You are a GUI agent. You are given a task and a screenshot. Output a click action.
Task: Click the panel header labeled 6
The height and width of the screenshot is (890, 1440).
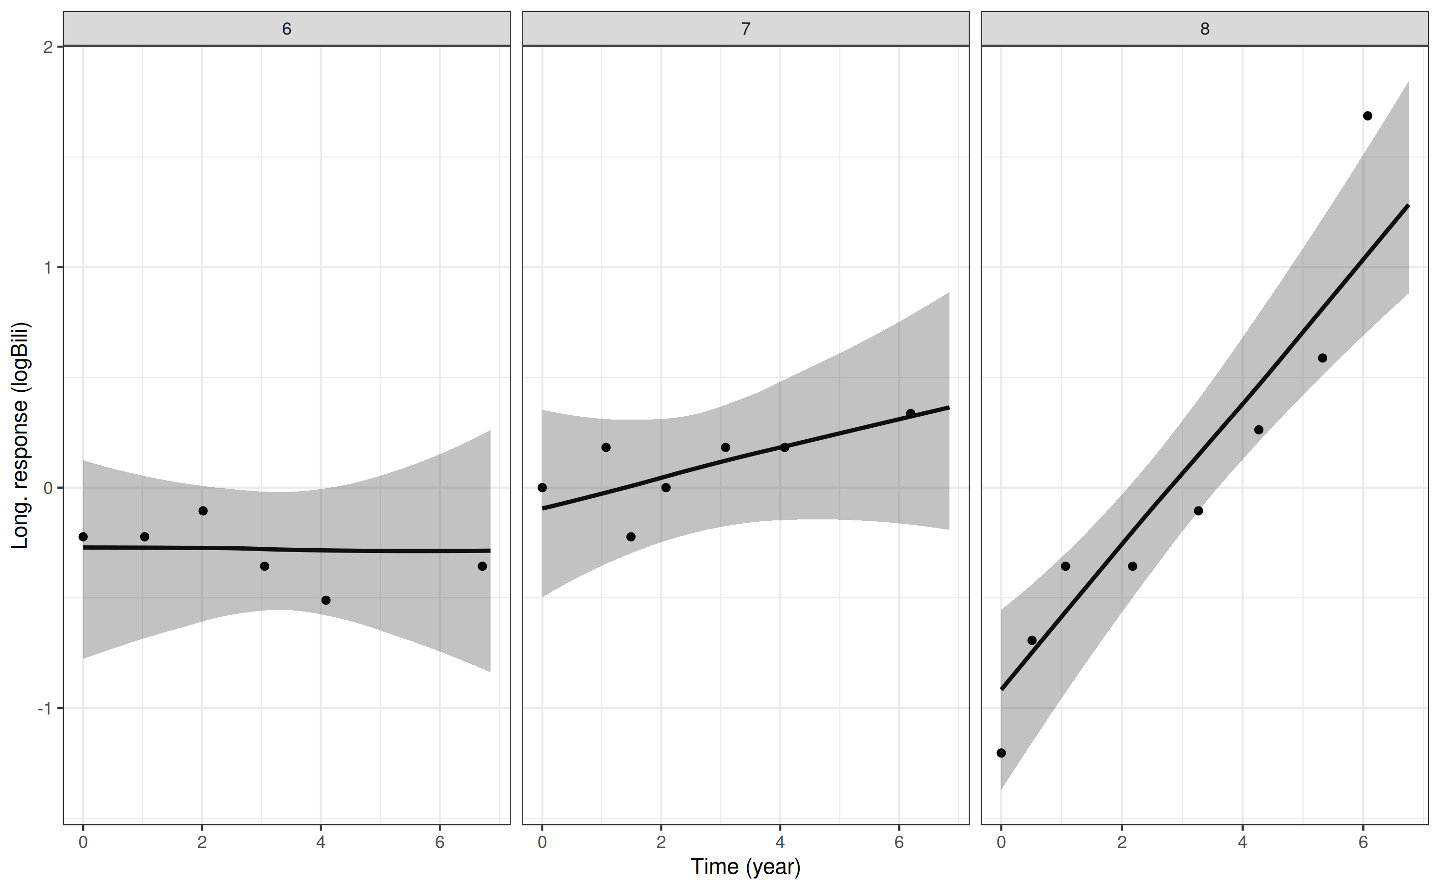(x=287, y=29)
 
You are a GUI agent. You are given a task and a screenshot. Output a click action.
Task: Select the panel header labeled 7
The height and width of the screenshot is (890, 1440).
(x=745, y=29)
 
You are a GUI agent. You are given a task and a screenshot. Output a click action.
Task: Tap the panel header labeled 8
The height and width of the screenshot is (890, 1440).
(x=1205, y=29)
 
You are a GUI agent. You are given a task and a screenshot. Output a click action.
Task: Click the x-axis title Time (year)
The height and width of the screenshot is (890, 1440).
(x=745, y=866)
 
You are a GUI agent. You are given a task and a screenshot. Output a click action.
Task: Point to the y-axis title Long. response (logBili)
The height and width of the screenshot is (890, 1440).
(x=20, y=435)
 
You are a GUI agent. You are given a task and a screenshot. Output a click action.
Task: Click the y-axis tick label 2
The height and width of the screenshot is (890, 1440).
(x=48, y=47)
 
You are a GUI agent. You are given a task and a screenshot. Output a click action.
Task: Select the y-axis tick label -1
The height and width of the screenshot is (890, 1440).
(x=45, y=708)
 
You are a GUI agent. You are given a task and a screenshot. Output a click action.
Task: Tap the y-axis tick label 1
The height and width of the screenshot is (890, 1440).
(x=48, y=268)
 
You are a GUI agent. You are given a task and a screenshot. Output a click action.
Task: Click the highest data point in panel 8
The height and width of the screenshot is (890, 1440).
(x=1368, y=116)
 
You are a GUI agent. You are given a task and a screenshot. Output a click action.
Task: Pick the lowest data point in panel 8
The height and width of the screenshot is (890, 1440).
(x=1001, y=753)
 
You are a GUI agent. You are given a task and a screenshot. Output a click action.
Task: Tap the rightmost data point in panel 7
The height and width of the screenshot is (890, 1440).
(x=911, y=413)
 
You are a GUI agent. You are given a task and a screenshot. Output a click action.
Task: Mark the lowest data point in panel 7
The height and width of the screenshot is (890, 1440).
(x=631, y=537)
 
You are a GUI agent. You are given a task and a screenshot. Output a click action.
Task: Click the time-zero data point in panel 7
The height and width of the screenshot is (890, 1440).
(x=542, y=487)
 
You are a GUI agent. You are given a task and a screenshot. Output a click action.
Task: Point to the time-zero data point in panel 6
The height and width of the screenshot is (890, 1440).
(x=83, y=537)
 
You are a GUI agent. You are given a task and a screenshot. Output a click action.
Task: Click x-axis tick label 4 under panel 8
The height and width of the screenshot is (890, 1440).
(x=1242, y=842)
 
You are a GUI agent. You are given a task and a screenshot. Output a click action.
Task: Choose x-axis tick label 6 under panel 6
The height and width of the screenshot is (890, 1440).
(x=440, y=842)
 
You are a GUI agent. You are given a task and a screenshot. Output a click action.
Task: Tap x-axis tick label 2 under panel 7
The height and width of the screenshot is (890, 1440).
(x=661, y=842)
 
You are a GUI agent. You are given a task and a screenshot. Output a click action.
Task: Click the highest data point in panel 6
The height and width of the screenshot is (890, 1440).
(x=203, y=511)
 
